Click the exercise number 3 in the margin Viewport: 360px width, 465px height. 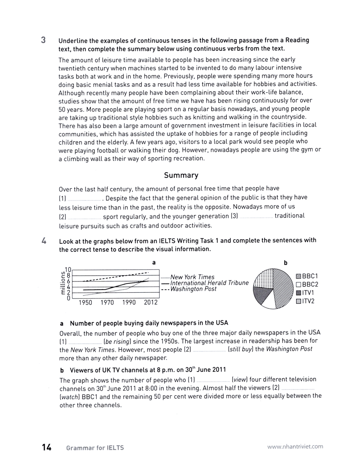coord(43,40)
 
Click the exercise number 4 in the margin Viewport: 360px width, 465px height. coord(43,240)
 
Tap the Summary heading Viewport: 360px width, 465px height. coord(181,175)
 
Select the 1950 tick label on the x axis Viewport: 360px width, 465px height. coord(85,303)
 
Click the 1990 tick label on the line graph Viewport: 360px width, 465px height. coord(129,303)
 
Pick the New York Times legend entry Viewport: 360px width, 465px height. coord(192,277)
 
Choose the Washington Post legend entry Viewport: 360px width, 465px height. coord(193,289)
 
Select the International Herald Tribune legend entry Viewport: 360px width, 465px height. coord(209,283)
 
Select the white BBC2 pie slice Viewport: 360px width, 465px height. coord(269,302)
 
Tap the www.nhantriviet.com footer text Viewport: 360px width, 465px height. coord(295,447)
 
